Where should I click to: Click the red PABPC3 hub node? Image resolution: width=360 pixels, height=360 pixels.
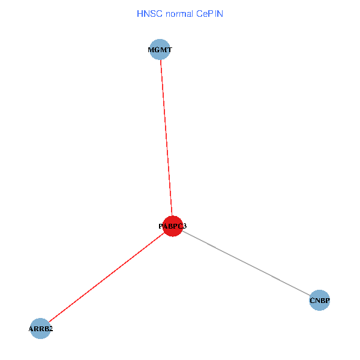pyautogui.click(x=173, y=226)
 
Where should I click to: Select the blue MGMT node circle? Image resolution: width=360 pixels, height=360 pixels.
pyautogui.click(x=160, y=50)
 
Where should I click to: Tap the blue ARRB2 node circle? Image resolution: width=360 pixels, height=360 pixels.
pyautogui.click(x=40, y=329)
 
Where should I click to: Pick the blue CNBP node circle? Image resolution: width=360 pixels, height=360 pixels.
pyautogui.click(x=320, y=300)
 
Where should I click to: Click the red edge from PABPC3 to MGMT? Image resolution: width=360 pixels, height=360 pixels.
pyautogui.click(x=166, y=138)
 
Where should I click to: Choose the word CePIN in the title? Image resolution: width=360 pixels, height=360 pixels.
pyautogui.click(x=209, y=13)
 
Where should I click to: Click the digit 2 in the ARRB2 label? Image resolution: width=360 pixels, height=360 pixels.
pyautogui.click(x=51, y=329)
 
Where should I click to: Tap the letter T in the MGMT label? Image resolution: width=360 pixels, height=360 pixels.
pyautogui.click(x=169, y=50)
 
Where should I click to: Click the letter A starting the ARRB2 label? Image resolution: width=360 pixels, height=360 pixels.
pyautogui.click(x=31, y=329)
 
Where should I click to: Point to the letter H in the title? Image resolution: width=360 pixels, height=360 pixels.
pyautogui.click(x=139, y=13)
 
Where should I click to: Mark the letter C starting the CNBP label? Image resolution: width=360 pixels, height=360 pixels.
pyautogui.click(x=312, y=300)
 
